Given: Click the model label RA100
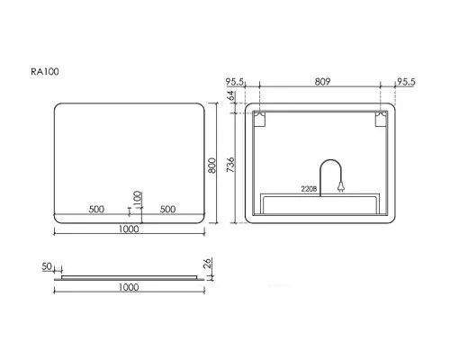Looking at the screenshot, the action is point(45,72).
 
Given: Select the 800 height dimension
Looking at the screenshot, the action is point(211,166).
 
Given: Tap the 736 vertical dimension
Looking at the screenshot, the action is point(230,165).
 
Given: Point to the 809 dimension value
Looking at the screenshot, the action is point(322,82).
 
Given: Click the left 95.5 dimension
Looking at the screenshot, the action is point(236,82).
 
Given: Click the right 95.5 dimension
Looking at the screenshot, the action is point(406,82).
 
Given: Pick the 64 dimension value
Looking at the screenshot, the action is point(230,96).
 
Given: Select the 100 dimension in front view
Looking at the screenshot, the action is point(137,199).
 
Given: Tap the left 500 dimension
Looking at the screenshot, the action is point(96,209).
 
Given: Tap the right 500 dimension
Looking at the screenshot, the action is point(167,209).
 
